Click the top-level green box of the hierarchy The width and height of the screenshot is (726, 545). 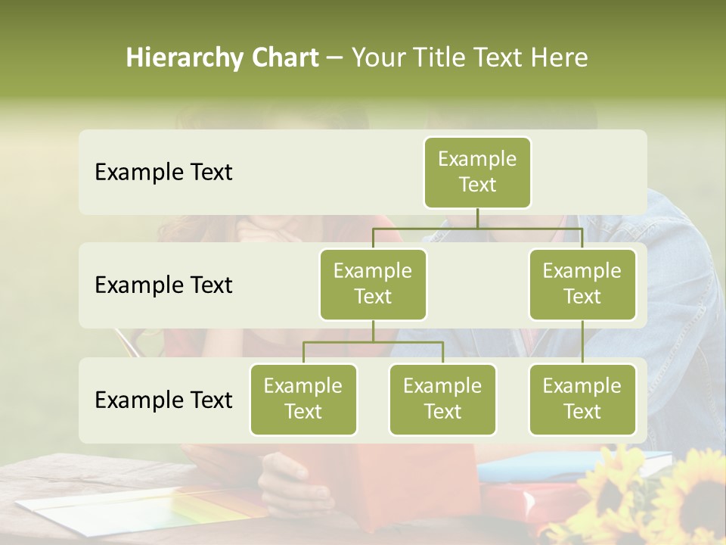pos(477,173)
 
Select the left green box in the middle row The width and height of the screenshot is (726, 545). pos(373,285)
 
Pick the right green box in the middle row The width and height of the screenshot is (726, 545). pos(582,285)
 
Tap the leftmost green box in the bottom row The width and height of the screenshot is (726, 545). pos(303,400)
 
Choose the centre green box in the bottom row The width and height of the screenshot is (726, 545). pos(442,400)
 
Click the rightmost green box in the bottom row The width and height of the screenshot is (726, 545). pos(582,400)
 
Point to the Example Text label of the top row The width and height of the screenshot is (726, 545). pos(163,173)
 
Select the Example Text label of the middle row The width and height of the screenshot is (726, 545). pos(163,285)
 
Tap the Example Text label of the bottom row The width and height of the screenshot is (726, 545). pos(163,400)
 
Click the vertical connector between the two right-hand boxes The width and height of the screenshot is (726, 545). pos(582,342)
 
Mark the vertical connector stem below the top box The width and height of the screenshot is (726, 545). pos(477,218)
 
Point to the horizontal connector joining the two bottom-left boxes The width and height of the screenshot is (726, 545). pos(373,342)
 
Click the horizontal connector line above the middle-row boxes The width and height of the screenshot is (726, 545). pos(477,228)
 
